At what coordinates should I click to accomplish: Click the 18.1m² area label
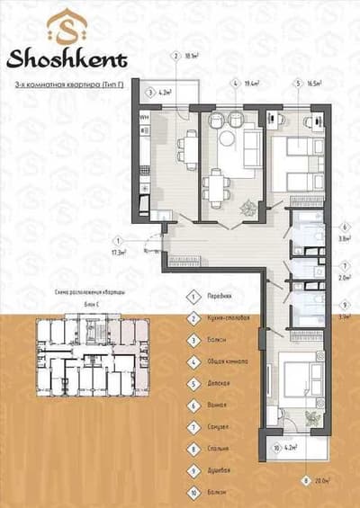coord(191,55)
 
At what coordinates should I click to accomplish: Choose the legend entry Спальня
coord(219,447)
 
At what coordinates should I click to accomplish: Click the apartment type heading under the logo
coord(67,83)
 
